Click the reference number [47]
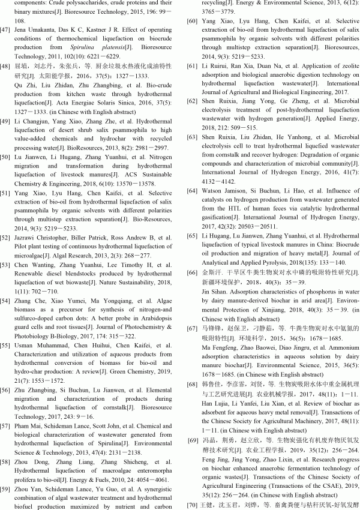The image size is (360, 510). coord(7,29)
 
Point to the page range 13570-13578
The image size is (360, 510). coord(123,200)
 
